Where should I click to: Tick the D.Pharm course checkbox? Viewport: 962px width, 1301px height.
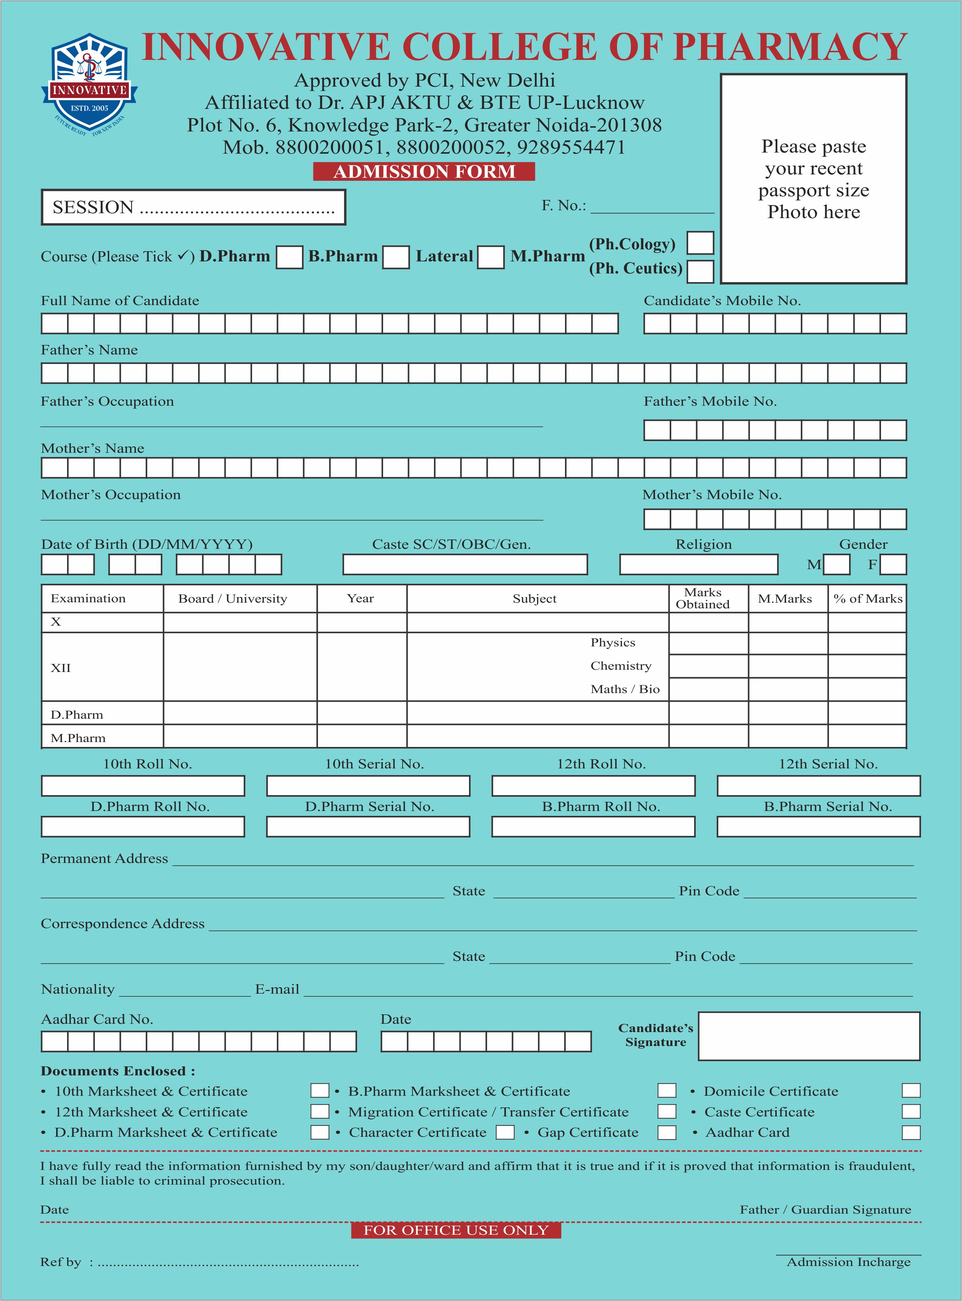[289, 257]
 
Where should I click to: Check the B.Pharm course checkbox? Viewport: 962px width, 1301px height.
[396, 257]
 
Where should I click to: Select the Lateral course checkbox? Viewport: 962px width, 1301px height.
[490, 257]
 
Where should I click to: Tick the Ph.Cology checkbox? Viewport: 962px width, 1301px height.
[700, 243]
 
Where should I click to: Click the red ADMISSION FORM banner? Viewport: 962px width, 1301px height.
[424, 172]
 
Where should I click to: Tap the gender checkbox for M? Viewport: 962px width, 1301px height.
[837, 564]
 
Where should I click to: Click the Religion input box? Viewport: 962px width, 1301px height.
[698, 564]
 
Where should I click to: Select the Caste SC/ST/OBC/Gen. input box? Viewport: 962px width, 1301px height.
[465, 564]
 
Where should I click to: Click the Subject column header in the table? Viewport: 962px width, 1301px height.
[534, 599]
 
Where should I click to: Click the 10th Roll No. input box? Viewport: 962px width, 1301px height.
[143, 786]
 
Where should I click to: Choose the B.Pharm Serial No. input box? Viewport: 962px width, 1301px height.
[818, 826]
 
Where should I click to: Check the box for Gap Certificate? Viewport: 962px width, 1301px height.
[667, 1133]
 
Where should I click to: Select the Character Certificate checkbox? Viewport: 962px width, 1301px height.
[505, 1133]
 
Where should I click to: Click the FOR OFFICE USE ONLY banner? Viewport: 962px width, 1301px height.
[456, 1230]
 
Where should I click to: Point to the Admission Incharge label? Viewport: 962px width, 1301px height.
[849, 1262]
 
